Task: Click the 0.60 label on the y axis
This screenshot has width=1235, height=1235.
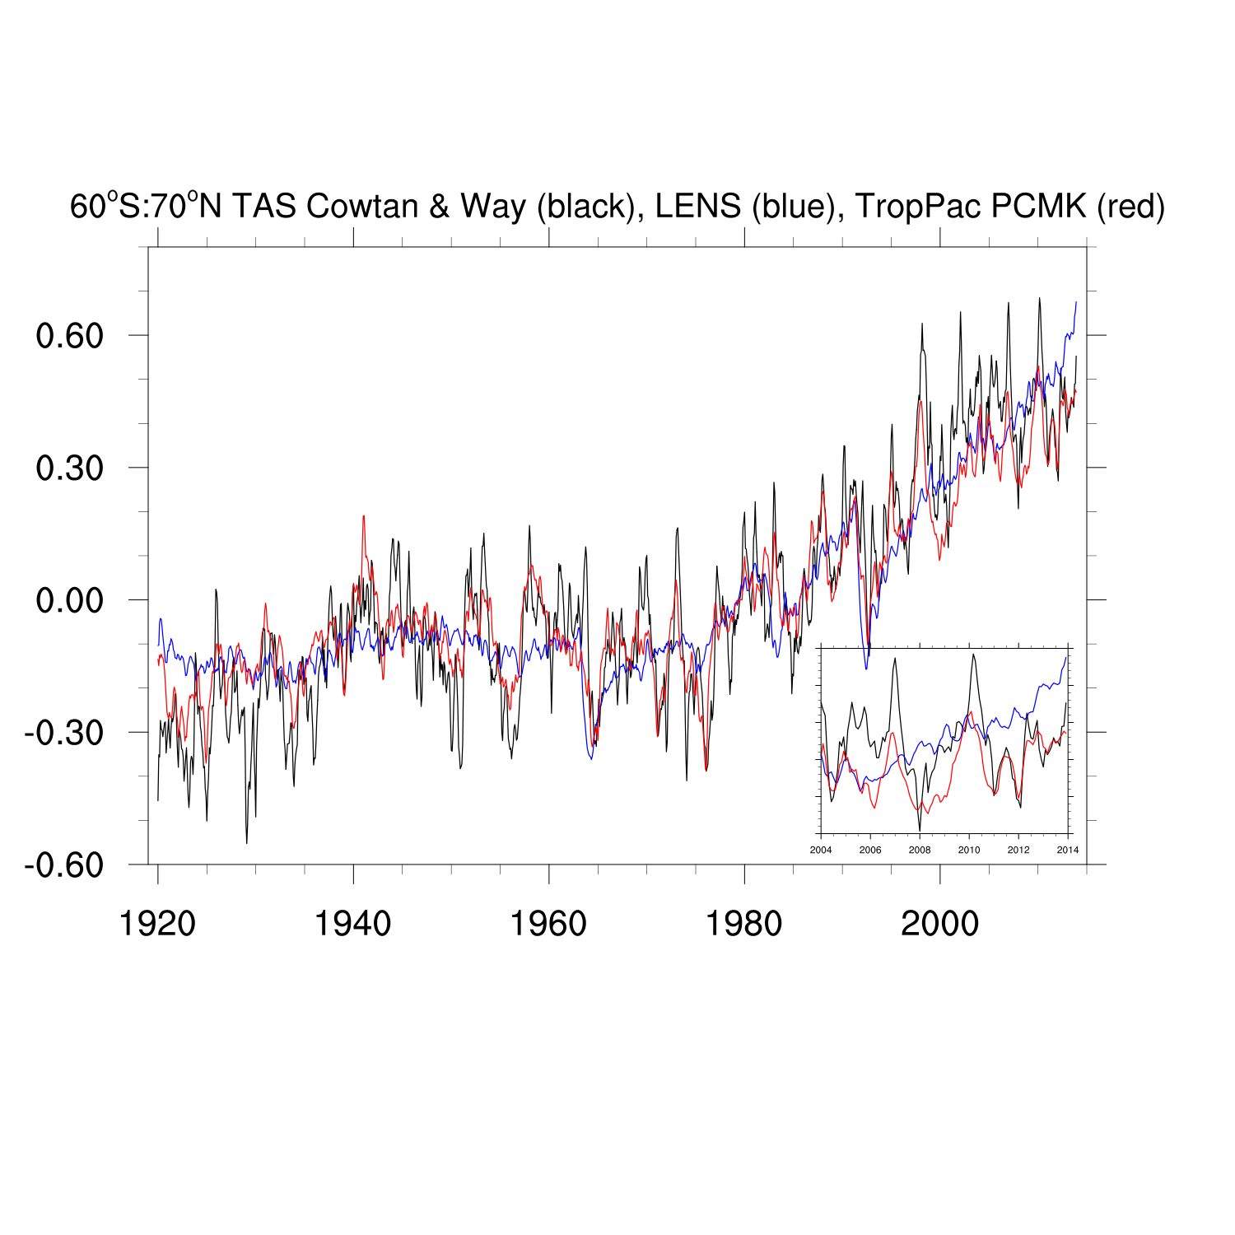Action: tap(70, 336)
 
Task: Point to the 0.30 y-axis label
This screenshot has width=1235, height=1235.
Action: tap(70, 468)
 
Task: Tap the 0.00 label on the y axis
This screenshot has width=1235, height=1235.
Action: tap(70, 600)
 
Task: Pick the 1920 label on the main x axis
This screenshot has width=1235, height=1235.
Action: tap(157, 924)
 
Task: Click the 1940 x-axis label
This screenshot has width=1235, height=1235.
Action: tap(353, 924)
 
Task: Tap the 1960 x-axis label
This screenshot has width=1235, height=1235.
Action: tap(548, 924)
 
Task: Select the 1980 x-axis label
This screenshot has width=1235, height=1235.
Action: tap(744, 924)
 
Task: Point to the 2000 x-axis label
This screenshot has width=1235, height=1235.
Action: tap(939, 924)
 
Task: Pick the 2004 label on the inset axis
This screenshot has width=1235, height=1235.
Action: tap(821, 850)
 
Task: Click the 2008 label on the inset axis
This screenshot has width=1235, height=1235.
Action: tap(920, 850)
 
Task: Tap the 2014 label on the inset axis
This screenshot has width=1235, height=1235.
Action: tap(1068, 850)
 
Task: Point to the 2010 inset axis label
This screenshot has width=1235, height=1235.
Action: tap(969, 850)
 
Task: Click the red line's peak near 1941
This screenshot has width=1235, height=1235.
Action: tap(363, 517)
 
